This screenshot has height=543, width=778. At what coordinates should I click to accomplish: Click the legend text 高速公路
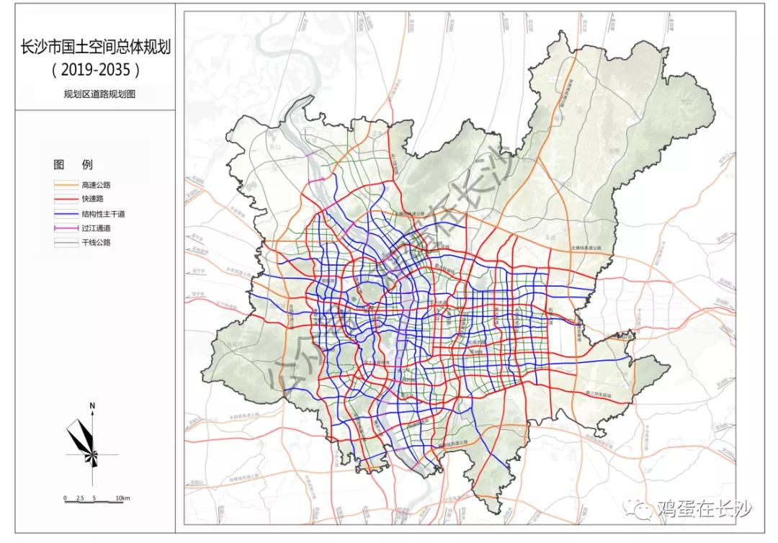(x=96, y=185)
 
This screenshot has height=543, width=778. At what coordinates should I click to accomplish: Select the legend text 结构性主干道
(x=103, y=214)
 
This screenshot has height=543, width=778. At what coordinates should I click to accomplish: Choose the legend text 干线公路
(x=96, y=243)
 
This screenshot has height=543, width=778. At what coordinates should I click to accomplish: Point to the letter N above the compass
(x=93, y=407)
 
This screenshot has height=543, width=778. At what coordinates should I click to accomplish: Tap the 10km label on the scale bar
(x=122, y=498)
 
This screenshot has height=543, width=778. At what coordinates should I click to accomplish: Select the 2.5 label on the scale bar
(x=79, y=498)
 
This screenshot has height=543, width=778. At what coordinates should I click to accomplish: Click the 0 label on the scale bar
(x=65, y=498)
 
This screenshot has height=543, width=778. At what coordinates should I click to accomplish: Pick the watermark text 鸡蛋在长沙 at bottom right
(x=705, y=509)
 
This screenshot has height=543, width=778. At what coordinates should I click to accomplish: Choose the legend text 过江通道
(x=96, y=228)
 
